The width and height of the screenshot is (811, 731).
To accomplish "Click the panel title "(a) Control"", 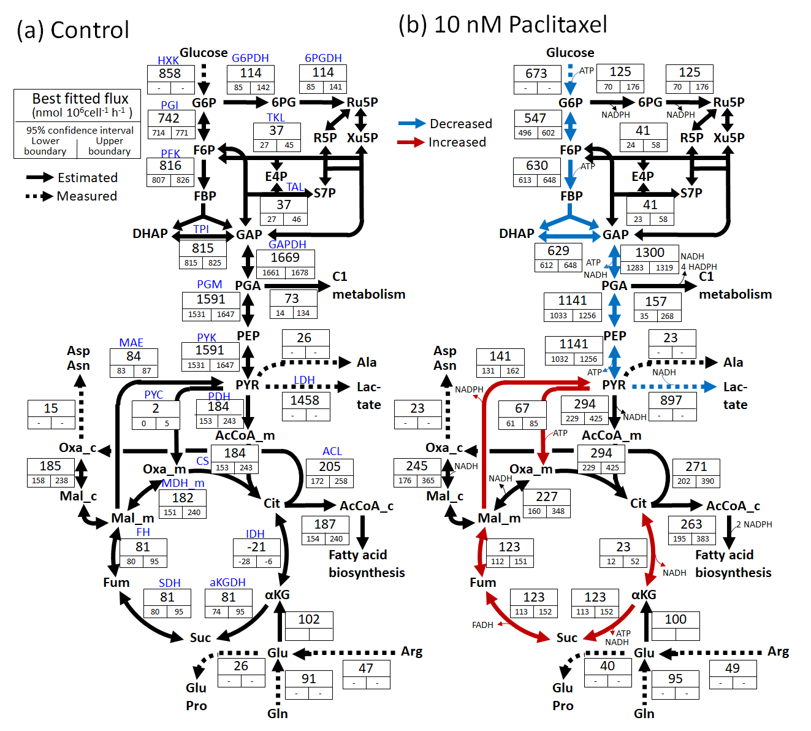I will coord(73,30).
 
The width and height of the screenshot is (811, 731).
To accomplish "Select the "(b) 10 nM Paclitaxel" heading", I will coord(503,25).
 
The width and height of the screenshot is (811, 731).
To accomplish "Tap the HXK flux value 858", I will coord(170,73).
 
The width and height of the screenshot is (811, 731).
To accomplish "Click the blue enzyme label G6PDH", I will coord(250,58).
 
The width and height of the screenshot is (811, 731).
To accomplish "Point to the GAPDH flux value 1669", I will coord(285,258).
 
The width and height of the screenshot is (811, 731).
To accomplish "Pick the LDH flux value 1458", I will coord(305,400).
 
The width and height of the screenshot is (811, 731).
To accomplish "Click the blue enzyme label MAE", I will coord(131,343).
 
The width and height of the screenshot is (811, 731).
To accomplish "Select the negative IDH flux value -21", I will coord(256,546).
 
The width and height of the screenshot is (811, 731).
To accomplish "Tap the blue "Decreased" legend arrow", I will coord(411,124).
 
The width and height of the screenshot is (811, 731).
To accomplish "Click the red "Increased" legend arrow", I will coord(411,142).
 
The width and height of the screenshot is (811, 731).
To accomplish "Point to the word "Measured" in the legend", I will coord(86,196).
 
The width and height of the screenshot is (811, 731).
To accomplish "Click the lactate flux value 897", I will coord(671,400).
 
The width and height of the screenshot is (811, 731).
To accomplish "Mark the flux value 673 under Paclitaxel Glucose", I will coord(536,74).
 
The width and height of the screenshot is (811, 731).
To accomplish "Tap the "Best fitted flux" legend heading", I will coord(80,99).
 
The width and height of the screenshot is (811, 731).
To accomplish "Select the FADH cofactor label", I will coord(482,625).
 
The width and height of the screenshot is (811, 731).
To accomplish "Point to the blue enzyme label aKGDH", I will coord(227,583).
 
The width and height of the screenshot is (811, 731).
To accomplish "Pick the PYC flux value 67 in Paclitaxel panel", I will coord(522,408).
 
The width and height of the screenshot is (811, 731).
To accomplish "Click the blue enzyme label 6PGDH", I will coord(323,58).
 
